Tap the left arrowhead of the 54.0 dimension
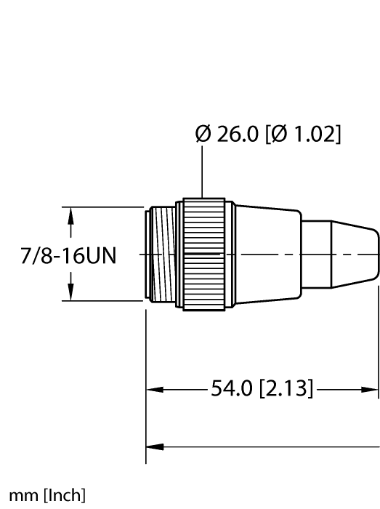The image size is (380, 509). pyautogui.click(x=153, y=389)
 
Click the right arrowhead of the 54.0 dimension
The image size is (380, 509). pyautogui.click(x=373, y=389)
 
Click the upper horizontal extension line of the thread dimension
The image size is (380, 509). pyautogui.click(x=102, y=208)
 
